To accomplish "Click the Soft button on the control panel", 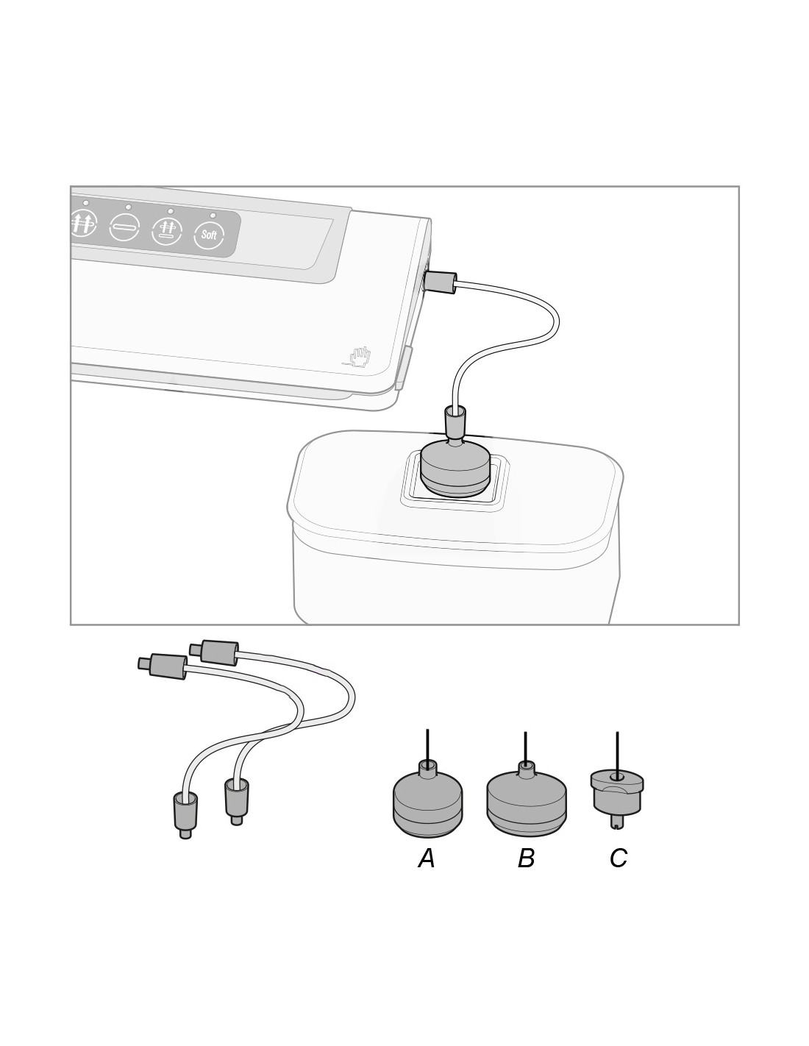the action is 209,235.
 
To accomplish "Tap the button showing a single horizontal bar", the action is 124,225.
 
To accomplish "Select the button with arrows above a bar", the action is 166,230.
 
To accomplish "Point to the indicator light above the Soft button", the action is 213,216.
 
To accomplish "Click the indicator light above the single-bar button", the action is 128,207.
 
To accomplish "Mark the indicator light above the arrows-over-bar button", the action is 171,211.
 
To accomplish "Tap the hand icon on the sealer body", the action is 359,357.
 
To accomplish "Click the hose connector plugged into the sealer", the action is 439,282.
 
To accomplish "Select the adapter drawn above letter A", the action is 427,799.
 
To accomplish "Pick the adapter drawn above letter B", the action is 527,797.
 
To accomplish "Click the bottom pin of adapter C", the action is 617,821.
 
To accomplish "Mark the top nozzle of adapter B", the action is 526,769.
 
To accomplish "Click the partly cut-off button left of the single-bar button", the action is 84,221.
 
